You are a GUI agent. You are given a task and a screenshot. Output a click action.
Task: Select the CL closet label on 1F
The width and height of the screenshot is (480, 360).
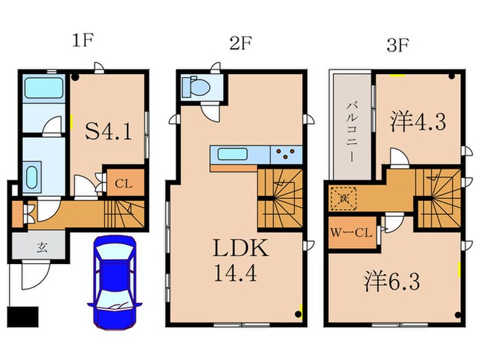pyautogui.click(x=123, y=183)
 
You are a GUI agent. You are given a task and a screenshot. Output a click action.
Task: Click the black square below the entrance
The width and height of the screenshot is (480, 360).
pyautogui.click(x=20, y=317)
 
